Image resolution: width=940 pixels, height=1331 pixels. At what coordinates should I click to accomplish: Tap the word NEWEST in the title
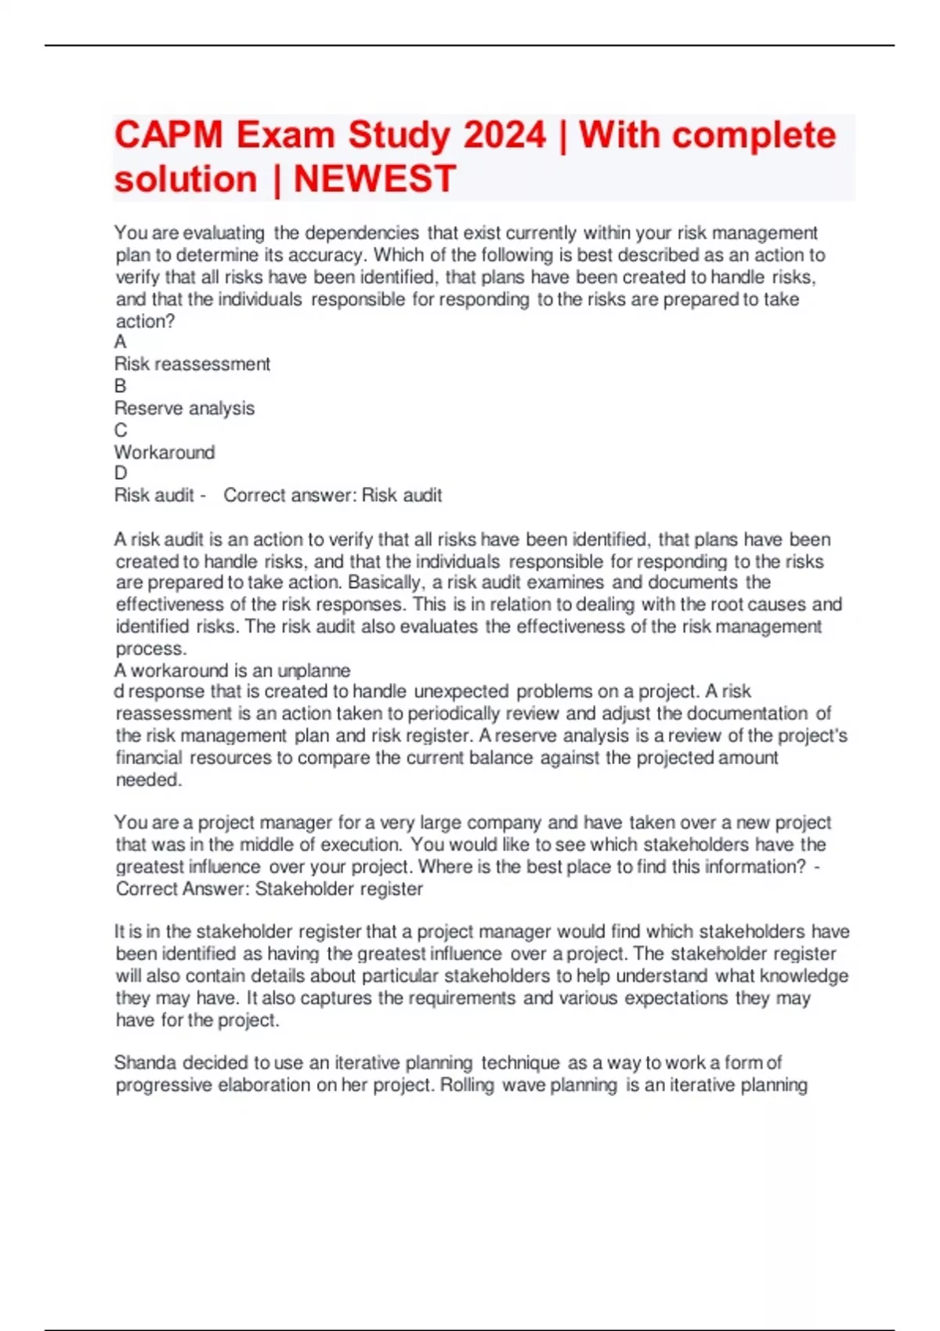(x=374, y=179)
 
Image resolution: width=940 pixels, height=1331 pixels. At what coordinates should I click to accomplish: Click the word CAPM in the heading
(x=168, y=135)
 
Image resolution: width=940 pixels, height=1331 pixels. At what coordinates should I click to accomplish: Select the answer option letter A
(x=120, y=342)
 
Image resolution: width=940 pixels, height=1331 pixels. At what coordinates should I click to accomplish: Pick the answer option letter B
(x=120, y=386)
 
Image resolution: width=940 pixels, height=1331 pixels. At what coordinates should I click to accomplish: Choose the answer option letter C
(x=120, y=430)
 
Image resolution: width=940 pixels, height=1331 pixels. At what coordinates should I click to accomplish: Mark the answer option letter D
(x=120, y=473)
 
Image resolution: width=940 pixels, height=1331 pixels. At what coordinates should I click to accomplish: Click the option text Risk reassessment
(x=192, y=364)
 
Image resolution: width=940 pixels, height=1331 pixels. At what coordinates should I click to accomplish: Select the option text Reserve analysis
(x=184, y=408)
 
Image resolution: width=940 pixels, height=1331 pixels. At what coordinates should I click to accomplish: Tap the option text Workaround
(x=164, y=452)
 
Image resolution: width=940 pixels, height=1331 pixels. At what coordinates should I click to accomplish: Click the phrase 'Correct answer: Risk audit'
(x=333, y=495)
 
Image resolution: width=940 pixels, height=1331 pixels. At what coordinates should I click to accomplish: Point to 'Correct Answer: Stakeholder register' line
(x=269, y=889)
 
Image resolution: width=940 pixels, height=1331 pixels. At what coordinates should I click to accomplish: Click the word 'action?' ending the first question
(x=145, y=321)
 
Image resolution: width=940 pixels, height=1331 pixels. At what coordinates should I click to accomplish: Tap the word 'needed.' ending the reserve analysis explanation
(x=149, y=780)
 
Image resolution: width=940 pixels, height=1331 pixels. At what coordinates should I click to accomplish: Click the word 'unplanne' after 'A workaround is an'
(x=314, y=670)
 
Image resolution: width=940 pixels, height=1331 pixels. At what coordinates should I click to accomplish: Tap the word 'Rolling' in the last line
(x=467, y=1085)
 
